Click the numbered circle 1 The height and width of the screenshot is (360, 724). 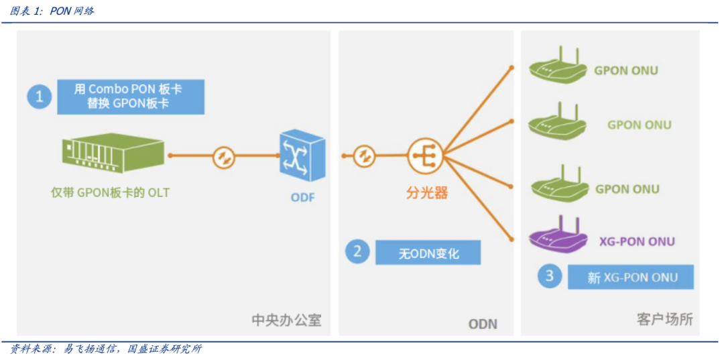pos(39,97)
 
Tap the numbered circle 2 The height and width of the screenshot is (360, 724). pos(357,251)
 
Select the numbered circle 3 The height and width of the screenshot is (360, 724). pos(550,276)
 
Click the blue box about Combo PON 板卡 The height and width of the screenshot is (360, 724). pos(130,97)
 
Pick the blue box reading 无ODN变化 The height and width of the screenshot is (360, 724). pos(428,253)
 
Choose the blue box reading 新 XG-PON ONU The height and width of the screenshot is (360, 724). pos(631,277)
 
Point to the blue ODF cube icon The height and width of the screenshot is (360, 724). pos(302,156)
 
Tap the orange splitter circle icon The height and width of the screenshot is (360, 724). pos(424,156)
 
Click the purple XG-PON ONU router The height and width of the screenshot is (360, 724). pos(557,235)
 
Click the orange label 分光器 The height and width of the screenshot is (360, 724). pos(426,193)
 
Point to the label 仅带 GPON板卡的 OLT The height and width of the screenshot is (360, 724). pos(111,193)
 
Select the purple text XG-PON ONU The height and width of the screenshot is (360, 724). pos(636,241)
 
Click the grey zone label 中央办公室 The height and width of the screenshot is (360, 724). pos(286,320)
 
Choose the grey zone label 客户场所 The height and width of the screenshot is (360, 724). pos(664,319)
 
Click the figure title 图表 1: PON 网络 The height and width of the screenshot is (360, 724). pos(52,11)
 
